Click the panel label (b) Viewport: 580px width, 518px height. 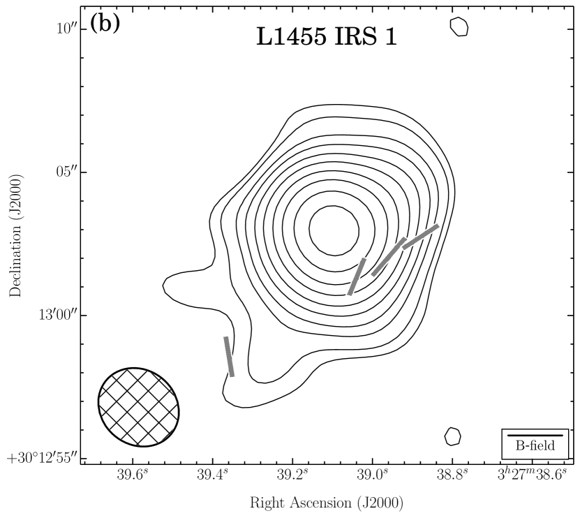pyautogui.click(x=105, y=24)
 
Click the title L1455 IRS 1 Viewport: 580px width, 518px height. pyautogui.click(x=327, y=37)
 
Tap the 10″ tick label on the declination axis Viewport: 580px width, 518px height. pyautogui.click(x=66, y=28)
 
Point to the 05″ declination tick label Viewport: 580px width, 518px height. pyautogui.click(x=66, y=172)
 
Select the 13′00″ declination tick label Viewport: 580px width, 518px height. pyautogui.click(x=58, y=316)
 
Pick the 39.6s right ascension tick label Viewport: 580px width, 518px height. pyautogui.click(x=133, y=474)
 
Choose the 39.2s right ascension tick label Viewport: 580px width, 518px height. pyautogui.click(x=293, y=474)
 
